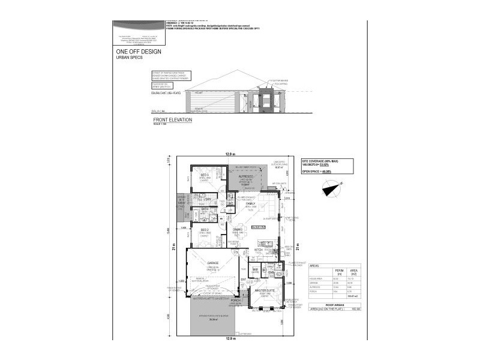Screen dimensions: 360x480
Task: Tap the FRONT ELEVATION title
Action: pyautogui.click(x=172, y=120)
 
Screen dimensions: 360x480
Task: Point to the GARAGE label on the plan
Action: pyautogui.click(x=212, y=262)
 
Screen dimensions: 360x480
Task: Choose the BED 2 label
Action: pyautogui.click(x=204, y=230)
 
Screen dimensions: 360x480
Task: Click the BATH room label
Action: pyautogui.click(x=204, y=209)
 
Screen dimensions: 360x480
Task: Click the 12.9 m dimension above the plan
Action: pyautogui.click(x=230, y=155)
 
